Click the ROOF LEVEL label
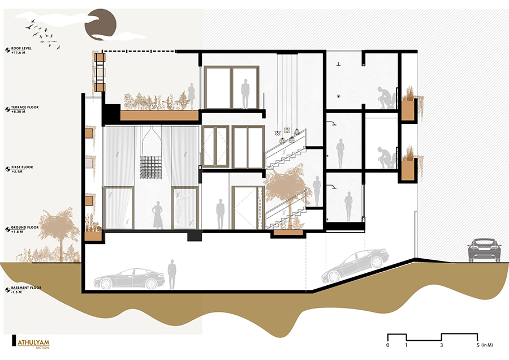tap(21, 49)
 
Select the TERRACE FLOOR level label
tap(25, 107)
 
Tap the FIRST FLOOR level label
tap(22, 168)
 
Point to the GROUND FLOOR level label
tap(25, 228)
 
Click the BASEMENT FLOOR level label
tap(26, 288)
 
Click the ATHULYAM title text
tap(33, 342)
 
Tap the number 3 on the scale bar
tap(442, 345)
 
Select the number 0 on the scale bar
tap(387, 345)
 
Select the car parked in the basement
tap(129, 278)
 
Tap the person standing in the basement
tap(172, 274)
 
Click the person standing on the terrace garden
tap(192, 96)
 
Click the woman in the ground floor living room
tap(158, 215)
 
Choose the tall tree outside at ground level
tap(59, 234)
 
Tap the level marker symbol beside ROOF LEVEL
tap(7, 50)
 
